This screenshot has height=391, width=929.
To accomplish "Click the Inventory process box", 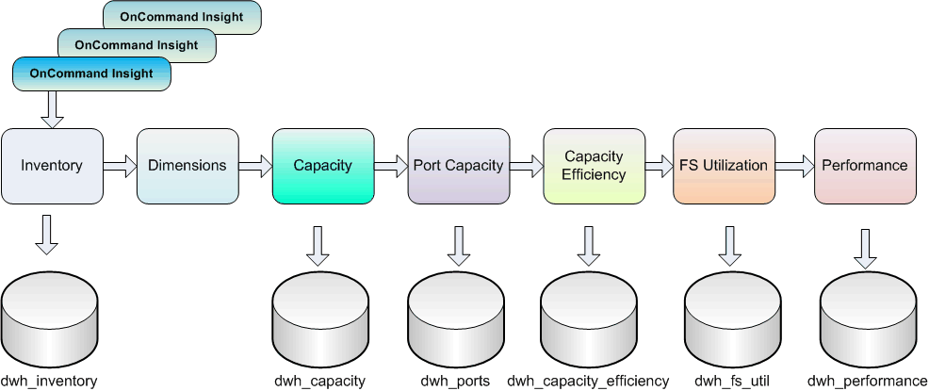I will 52,166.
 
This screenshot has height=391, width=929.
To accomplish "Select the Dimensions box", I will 187,166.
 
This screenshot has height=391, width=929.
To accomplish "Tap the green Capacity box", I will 322,166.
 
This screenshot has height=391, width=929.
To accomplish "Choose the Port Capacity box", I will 459,166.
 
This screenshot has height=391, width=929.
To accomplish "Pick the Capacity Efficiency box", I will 595,166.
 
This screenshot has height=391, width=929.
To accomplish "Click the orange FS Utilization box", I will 724,166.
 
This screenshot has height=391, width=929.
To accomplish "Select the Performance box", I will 865,166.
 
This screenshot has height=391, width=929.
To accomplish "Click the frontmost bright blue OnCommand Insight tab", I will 91,73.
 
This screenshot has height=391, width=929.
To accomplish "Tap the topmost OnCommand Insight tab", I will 182,17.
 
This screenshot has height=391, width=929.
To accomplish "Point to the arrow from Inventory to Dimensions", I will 120,167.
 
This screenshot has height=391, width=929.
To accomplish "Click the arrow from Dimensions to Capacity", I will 254,167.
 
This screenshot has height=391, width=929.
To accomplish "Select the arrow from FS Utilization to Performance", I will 794,167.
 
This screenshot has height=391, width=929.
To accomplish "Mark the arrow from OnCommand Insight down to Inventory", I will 52,109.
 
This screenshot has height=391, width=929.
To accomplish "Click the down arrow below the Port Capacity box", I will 459,245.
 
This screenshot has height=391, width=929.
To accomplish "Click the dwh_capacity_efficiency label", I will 588,382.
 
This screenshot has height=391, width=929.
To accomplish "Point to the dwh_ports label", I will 455,382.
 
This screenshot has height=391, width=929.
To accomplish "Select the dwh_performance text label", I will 868,382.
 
